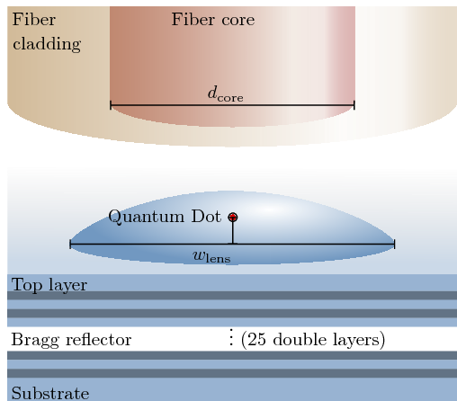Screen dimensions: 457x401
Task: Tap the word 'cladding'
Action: click(47, 44)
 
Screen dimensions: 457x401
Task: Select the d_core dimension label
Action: click(225, 94)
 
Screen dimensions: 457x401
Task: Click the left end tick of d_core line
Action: click(111, 105)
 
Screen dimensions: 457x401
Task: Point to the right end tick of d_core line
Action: click(354, 105)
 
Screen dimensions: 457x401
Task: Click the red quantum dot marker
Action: click(233, 217)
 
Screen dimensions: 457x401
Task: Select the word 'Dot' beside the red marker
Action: click(206, 216)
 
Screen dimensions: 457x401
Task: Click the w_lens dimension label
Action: click(211, 256)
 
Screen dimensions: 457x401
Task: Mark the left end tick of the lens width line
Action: click(70, 245)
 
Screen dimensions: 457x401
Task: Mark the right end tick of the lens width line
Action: click(394, 245)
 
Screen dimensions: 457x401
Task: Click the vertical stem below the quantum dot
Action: click(233, 233)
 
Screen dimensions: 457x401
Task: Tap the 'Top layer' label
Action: click(49, 285)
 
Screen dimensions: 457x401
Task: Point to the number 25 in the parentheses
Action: click(257, 340)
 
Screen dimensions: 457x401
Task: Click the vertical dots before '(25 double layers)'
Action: click(230, 337)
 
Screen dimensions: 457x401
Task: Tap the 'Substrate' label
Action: click(50, 393)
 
